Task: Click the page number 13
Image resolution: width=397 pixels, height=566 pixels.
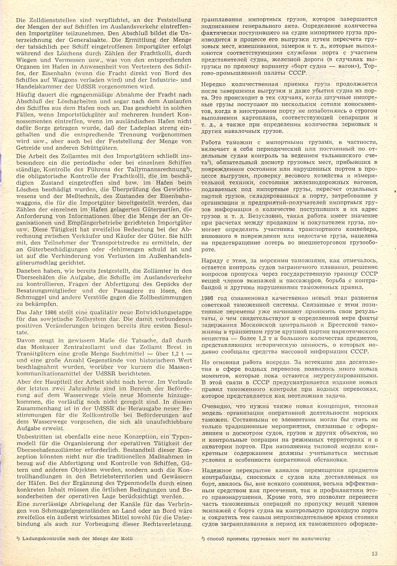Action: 375,552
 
